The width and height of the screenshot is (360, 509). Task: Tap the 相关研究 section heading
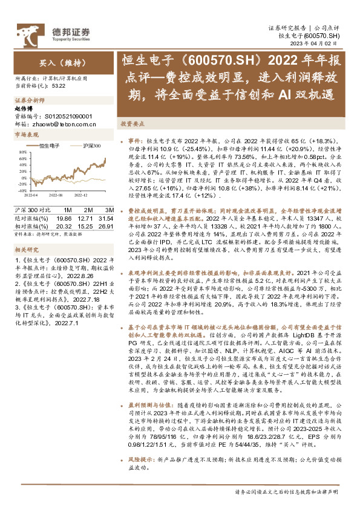[26, 249]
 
